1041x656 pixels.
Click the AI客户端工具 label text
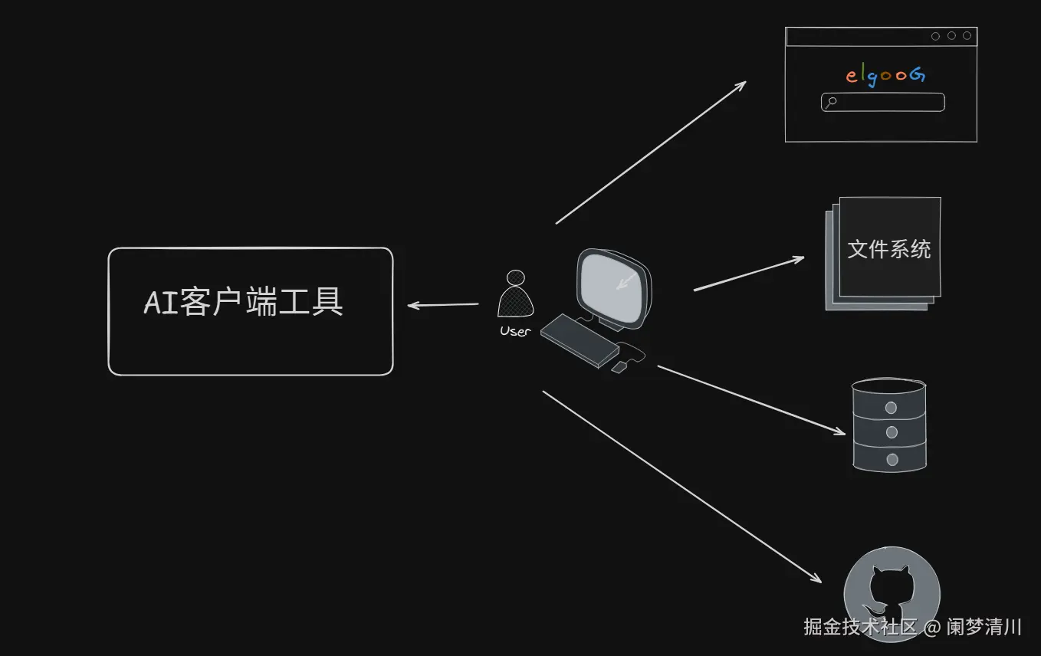[244, 302]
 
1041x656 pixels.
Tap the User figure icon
[515, 294]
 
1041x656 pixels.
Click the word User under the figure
[515, 331]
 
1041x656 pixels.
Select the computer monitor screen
[613, 287]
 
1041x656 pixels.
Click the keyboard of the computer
[580, 340]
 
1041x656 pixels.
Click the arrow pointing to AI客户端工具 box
[443, 305]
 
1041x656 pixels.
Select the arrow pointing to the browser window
[651, 153]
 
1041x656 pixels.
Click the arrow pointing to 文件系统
[749, 273]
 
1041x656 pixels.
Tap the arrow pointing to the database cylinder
[751, 401]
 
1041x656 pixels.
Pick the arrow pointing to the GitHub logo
[681, 487]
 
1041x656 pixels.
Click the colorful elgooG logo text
[885, 75]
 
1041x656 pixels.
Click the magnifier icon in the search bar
[830, 102]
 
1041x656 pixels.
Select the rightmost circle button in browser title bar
[967, 36]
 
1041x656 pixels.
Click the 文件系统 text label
[889, 249]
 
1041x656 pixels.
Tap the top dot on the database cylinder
[891, 408]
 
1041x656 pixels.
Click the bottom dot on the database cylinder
[892, 460]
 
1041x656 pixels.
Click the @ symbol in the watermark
[932, 627]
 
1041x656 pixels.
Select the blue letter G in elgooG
[918, 74]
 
